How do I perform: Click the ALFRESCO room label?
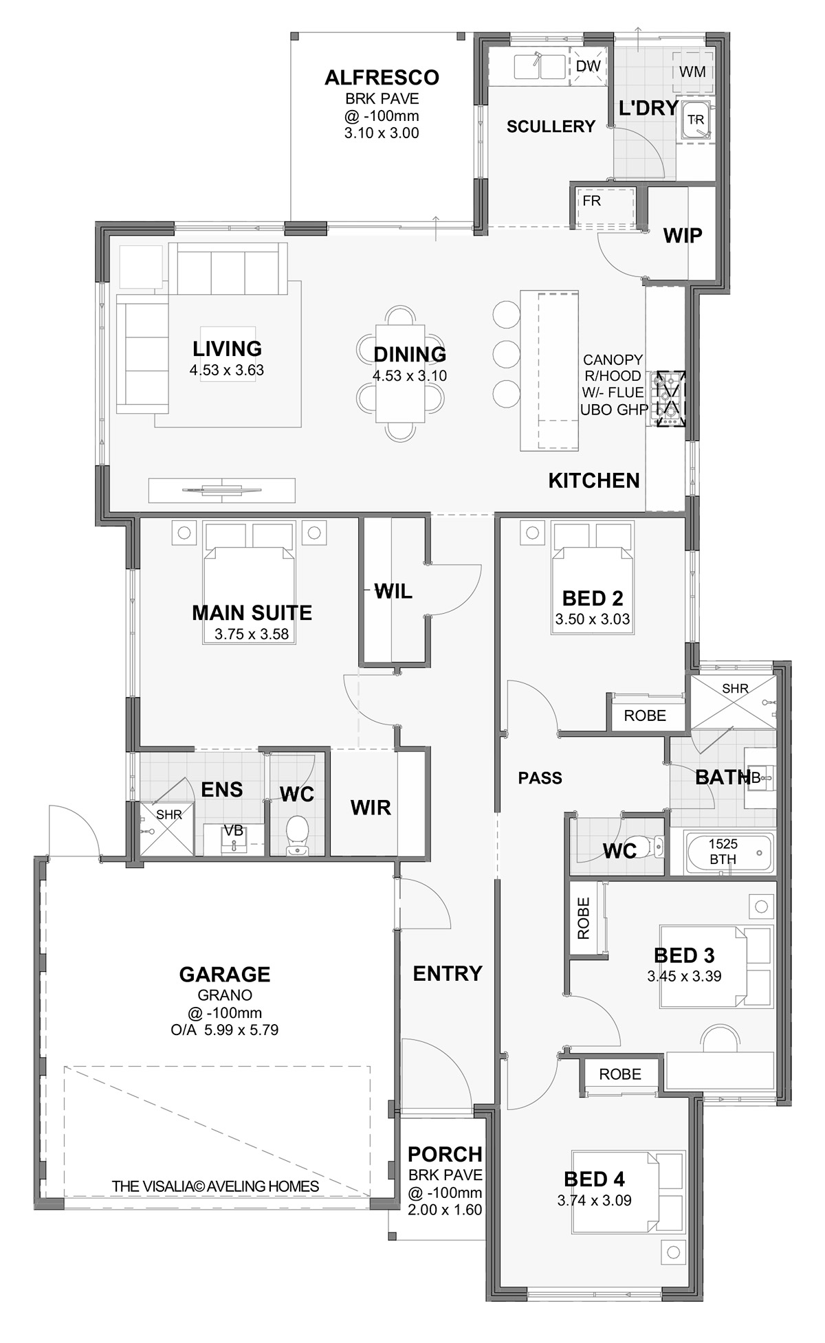(x=382, y=77)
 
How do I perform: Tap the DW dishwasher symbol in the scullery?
(x=588, y=67)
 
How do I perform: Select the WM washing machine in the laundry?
(x=692, y=71)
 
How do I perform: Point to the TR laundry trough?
(x=696, y=120)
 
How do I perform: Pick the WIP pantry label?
(x=683, y=236)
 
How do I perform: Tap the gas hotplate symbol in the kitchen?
(x=671, y=399)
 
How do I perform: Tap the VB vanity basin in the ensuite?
(x=234, y=839)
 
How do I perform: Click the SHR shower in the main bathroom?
(x=734, y=701)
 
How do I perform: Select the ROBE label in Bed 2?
(x=645, y=715)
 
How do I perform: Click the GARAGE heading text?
(x=225, y=974)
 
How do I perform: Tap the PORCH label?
(x=445, y=1154)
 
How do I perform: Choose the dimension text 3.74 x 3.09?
(x=594, y=1200)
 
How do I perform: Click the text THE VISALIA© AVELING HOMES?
(x=215, y=1186)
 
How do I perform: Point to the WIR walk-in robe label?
(x=371, y=808)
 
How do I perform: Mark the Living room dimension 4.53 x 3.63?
(x=227, y=370)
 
